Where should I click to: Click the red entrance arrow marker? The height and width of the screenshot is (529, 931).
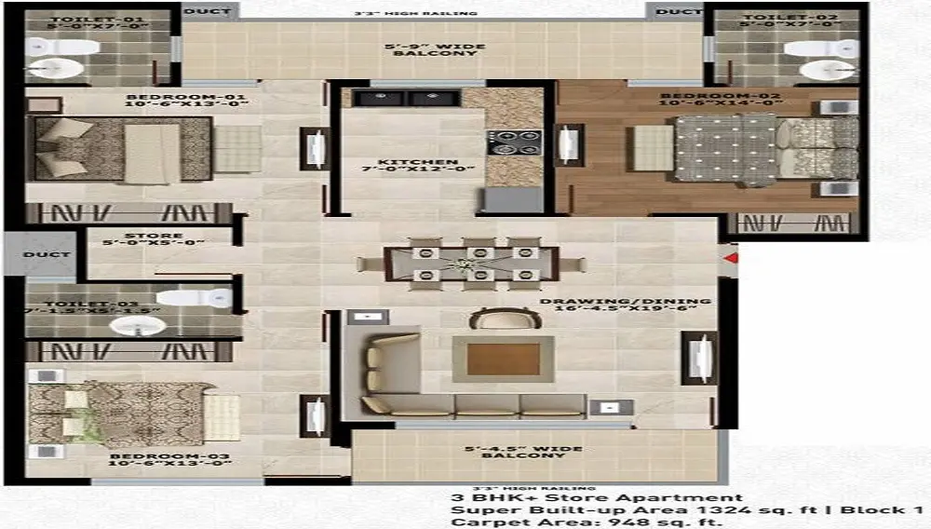point(731,257)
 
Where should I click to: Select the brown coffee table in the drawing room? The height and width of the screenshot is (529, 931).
point(503,359)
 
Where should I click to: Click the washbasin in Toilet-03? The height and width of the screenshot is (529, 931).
point(139,325)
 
